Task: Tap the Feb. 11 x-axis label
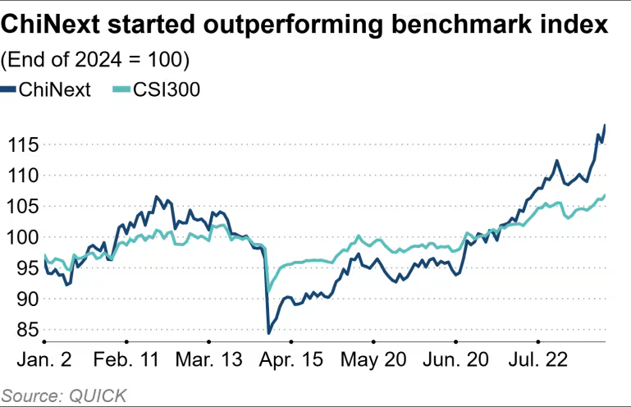127,360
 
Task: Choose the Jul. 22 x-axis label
541,360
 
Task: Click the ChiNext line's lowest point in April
268,333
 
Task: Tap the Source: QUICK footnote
64,395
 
